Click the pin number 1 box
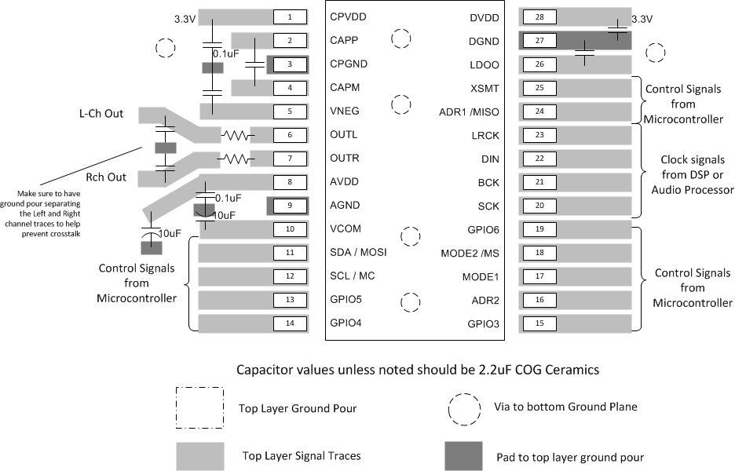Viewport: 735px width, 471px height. tap(290, 17)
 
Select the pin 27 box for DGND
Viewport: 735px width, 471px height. tap(539, 41)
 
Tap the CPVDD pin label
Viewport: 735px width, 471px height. tap(348, 16)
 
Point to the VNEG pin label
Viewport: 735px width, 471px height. tap(345, 111)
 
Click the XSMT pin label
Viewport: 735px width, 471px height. tap(485, 89)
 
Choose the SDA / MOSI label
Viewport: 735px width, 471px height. tap(358, 252)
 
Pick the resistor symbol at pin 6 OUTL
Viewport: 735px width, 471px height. tap(236, 136)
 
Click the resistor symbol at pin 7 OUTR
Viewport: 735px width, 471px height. tap(236, 159)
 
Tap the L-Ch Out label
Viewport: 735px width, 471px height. tap(101, 113)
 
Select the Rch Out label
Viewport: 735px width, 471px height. tap(106, 177)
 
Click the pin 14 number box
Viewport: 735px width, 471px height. tap(290, 323)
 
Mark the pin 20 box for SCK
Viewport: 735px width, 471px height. tap(539, 205)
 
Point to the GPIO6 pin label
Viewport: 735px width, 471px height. tap(483, 230)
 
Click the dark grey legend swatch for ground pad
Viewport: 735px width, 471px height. tap(463, 456)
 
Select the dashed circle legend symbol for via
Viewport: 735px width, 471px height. tap(464, 409)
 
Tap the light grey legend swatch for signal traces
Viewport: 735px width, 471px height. tap(200, 456)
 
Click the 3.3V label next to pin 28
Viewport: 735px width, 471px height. tap(642, 19)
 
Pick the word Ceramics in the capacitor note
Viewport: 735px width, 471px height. tap(574, 370)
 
